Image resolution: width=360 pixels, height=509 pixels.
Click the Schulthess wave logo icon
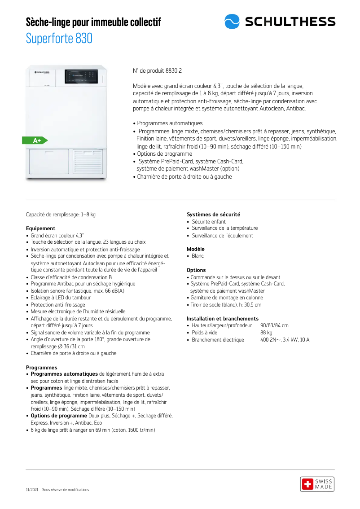[232, 22]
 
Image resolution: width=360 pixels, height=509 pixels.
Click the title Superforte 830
[59, 39]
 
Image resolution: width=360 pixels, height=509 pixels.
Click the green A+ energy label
[35, 140]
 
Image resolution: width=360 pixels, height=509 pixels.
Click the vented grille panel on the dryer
[88, 162]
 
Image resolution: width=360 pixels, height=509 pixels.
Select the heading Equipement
[41, 228]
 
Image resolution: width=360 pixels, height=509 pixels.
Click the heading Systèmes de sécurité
[213, 215]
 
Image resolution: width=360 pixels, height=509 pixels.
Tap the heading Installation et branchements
[222, 319]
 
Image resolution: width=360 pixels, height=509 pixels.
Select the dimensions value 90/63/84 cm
[274, 325]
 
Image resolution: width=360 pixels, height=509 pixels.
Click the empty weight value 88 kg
[266, 333]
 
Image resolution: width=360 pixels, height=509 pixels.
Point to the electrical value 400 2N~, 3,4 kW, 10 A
[285, 340]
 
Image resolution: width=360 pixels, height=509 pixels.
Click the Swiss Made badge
[317, 484]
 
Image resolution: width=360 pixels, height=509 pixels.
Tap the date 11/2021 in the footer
[32, 490]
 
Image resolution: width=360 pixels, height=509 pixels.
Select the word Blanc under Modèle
[198, 256]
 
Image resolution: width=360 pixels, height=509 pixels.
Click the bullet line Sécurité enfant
[209, 222]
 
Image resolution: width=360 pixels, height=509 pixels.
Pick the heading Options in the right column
[196, 270]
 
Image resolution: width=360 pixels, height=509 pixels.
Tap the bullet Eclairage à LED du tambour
[61, 298]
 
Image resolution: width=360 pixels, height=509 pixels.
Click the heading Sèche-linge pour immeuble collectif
[93, 22]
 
